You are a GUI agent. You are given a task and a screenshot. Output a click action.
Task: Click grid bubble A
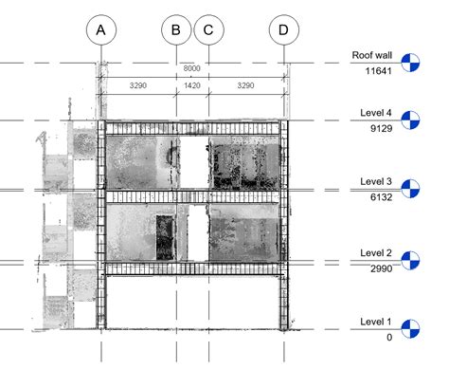(100, 31)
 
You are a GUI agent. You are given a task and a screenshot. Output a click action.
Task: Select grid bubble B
(176, 31)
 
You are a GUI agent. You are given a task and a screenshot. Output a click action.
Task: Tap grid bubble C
(207, 31)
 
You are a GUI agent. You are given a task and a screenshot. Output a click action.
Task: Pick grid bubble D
(283, 31)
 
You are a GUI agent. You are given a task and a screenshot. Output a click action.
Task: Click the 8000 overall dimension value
(192, 69)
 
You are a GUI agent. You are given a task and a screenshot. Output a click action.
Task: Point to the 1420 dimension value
(192, 85)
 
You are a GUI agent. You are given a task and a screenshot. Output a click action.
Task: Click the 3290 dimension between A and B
(138, 85)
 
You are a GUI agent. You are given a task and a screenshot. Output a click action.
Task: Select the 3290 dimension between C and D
(245, 85)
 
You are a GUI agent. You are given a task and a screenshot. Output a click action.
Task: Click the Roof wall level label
(371, 56)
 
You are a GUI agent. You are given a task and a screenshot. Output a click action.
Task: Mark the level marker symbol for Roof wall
(411, 64)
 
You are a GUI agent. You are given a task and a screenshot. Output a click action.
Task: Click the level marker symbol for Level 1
(411, 329)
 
